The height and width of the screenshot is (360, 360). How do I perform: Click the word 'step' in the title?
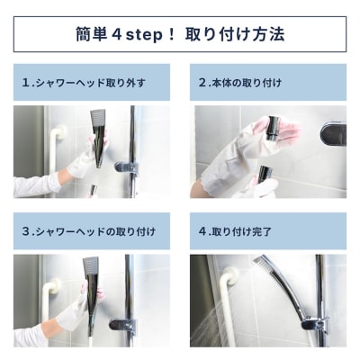pyautogui.click(x=144, y=35)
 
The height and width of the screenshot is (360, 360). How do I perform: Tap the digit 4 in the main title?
pyautogui.click(x=116, y=34)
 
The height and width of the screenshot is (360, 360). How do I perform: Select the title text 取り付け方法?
pyautogui.click(x=235, y=34)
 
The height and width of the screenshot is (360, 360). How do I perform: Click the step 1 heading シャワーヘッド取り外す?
pyautogui.click(x=91, y=83)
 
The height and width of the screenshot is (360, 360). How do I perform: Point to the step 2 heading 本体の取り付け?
pyautogui.click(x=247, y=83)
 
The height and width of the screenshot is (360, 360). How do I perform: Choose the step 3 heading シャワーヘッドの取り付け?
pyautogui.click(x=95, y=231)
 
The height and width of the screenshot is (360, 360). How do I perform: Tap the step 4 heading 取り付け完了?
pyautogui.click(x=241, y=231)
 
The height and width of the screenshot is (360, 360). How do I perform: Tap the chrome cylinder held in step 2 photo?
pyautogui.click(x=274, y=128)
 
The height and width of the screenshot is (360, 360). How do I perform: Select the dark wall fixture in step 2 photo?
pyautogui.click(x=333, y=135)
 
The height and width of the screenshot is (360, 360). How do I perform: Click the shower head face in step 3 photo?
pyautogui.click(x=90, y=265)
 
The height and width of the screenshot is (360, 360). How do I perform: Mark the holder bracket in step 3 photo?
pyautogui.click(x=122, y=324)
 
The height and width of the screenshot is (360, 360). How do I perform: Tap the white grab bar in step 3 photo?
pyautogui.click(x=49, y=300)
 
